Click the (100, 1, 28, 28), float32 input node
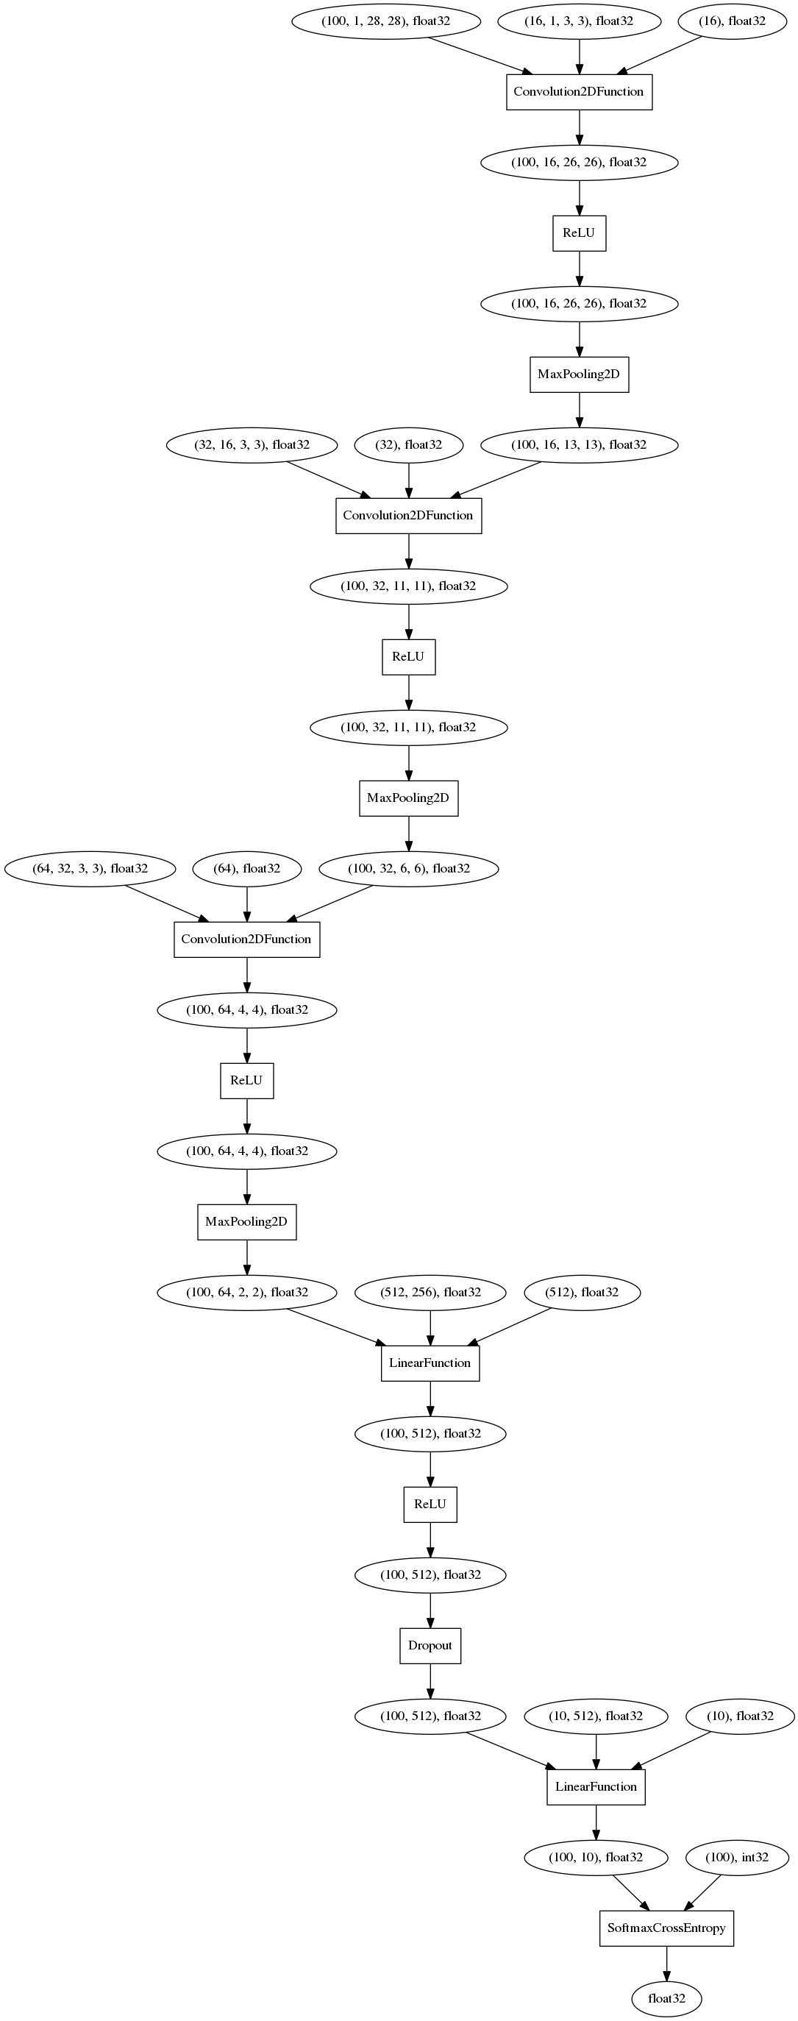385,21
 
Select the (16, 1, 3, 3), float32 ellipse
579,21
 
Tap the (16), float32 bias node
731,21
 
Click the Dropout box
430,1645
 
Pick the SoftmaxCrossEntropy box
666,1928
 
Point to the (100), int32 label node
737,1857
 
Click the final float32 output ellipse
666,1998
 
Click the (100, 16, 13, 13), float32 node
579,445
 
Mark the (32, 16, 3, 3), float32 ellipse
252,445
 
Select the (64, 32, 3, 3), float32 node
90,868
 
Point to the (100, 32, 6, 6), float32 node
409,868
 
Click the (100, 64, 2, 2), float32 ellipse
247,1292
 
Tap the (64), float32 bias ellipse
247,868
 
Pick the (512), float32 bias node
582,1292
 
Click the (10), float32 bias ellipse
740,1716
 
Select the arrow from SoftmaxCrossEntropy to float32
666,1963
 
